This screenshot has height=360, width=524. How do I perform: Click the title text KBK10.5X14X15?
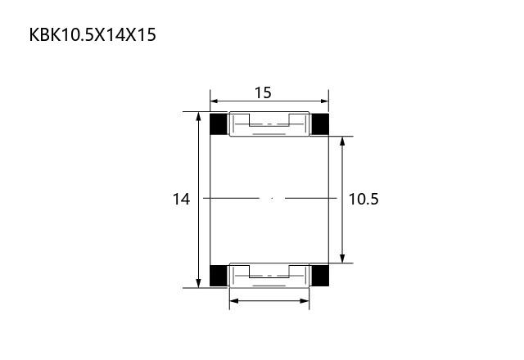pos(93,34)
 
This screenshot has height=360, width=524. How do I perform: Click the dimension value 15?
pos(263,92)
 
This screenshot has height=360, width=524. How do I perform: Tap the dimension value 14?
pos(181,199)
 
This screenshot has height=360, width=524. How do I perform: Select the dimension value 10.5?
pos(364,199)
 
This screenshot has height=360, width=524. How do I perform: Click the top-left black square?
pos(219,124)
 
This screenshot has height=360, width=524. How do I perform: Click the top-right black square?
pos(320,124)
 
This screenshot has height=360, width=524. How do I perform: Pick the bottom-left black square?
pos(219,276)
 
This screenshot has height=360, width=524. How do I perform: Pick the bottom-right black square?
pos(320,276)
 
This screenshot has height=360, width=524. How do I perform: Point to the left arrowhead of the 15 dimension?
pos(215,101)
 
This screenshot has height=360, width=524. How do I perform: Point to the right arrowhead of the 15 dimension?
pos(324,101)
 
